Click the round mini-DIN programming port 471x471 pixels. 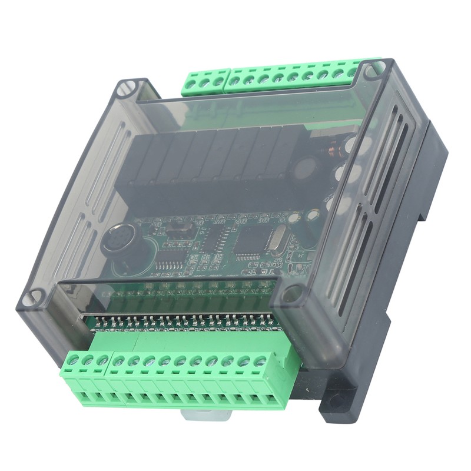click(x=116, y=241)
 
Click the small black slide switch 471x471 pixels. click(x=172, y=227)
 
